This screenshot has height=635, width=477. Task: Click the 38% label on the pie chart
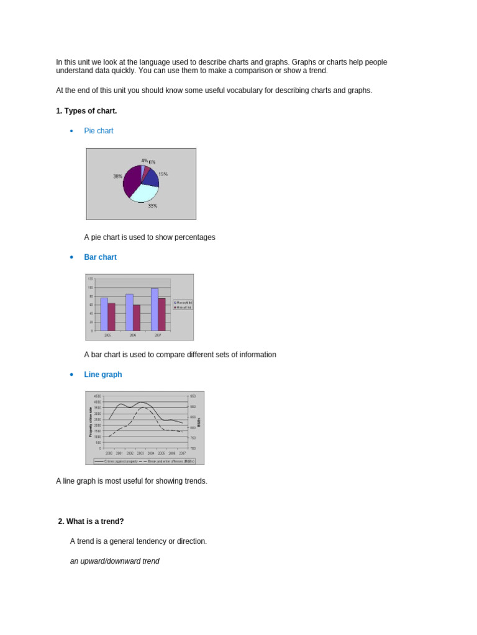(117, 176)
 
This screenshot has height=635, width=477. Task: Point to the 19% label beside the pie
(163, 174)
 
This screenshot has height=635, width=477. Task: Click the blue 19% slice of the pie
(151, 178)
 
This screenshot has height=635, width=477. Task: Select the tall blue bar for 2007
(154, 309)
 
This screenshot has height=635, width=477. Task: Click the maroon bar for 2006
(137, 317)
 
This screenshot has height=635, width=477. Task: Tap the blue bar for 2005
(104, 314)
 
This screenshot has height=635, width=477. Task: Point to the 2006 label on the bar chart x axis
(133, 335)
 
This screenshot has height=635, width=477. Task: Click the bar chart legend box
(183, 304)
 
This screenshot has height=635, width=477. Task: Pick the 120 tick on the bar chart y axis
(90, 279)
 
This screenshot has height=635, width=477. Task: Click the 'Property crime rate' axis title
(91, 422)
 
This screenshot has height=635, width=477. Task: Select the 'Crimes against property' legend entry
(117, 461)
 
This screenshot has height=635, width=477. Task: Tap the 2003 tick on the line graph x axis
(140, 453)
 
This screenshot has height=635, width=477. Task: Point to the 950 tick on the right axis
(193, 396)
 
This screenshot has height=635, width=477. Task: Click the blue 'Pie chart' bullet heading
(99, 131)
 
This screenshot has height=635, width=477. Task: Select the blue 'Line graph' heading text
(103, 375)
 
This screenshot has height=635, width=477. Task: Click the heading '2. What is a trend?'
(91, 522)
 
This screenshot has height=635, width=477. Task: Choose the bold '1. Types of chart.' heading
(86, 111)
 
